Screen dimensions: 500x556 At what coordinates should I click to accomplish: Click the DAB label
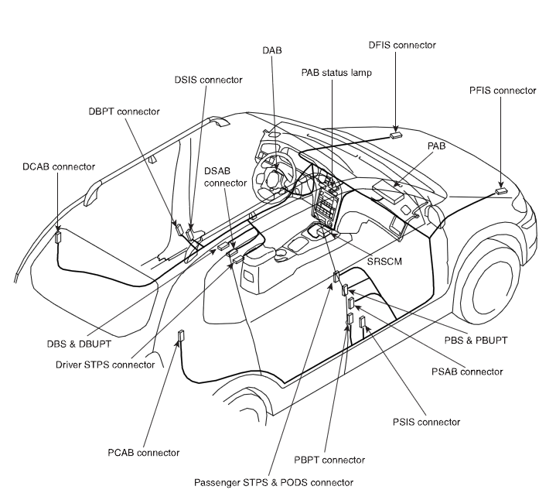(272, 50)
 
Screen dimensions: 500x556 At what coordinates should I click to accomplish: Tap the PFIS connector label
(502, 91)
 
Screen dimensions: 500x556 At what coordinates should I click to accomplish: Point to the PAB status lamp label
(336, 73)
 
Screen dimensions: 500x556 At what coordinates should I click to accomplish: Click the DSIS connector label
(208, 79)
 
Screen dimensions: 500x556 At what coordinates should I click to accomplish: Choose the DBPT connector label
(124, 111)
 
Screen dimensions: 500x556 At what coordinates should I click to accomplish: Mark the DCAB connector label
(59, 166)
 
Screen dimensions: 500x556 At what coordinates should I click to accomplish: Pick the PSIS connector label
(427, 422)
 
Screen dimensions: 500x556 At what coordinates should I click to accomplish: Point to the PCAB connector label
(144, 452)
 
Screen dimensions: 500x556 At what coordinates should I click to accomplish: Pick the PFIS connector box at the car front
(501, 190)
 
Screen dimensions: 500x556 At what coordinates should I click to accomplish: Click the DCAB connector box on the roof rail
(57, 237)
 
